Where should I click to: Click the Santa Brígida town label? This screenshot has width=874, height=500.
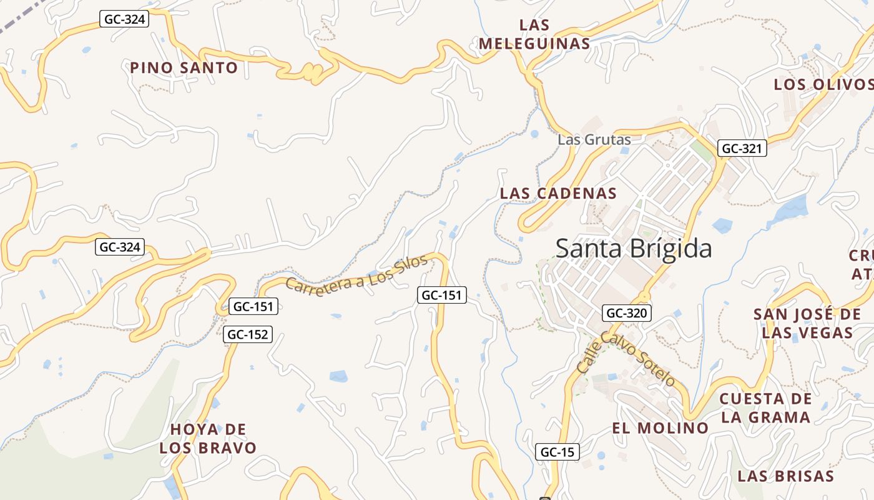click(633, 249)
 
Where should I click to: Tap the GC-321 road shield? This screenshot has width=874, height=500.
click(742, 149)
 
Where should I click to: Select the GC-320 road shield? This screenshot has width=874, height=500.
click(627, 313)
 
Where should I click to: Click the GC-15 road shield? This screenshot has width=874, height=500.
click(557, 452)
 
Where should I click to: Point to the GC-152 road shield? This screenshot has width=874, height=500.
click(248, 334)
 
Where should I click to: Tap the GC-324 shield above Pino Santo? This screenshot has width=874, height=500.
click(124, 19)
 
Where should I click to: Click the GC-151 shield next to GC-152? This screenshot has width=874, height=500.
click(253, 306)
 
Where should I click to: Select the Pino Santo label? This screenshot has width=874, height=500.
click(184, 67)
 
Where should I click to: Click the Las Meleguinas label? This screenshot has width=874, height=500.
click(534, 34)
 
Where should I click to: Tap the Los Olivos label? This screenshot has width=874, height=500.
click(823, 84)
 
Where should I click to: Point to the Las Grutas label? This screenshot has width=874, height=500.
click(594, 139)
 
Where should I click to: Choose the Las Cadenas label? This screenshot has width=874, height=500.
click(558, 193)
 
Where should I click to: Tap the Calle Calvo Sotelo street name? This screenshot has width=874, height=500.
click(626, 359)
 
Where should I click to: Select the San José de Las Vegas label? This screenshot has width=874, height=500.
click(807, 323)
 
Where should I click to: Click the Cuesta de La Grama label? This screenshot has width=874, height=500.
click(765, 407)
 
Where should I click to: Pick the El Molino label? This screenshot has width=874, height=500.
click(660, 428)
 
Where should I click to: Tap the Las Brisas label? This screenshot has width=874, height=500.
click(785, 476)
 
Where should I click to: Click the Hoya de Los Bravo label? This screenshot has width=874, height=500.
click(208, 439)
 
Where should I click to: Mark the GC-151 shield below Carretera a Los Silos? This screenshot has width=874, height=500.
click(442, 295)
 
